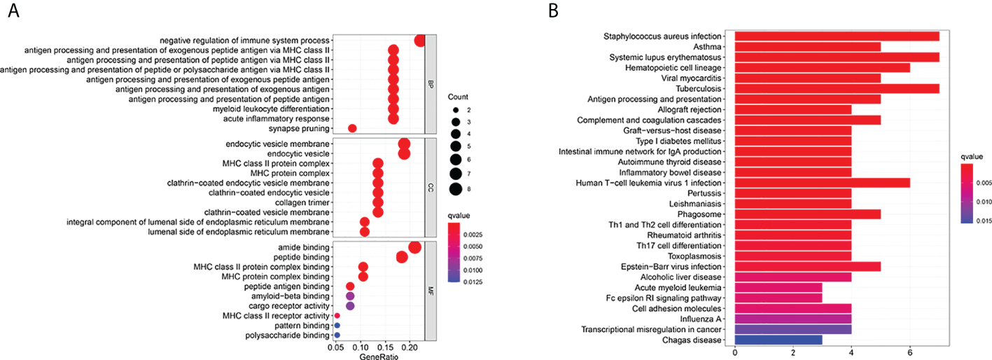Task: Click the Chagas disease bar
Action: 778,340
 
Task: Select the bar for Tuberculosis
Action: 837,89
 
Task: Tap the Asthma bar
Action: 807,47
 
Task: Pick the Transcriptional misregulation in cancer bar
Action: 792,329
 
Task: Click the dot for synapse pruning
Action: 352,128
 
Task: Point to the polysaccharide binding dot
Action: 337,335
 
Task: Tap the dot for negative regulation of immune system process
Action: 420,41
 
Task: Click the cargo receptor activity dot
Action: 350,306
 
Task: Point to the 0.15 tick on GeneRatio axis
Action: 385,347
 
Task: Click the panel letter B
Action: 554,12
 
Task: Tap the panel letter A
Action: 12,12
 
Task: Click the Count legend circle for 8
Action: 455,188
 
